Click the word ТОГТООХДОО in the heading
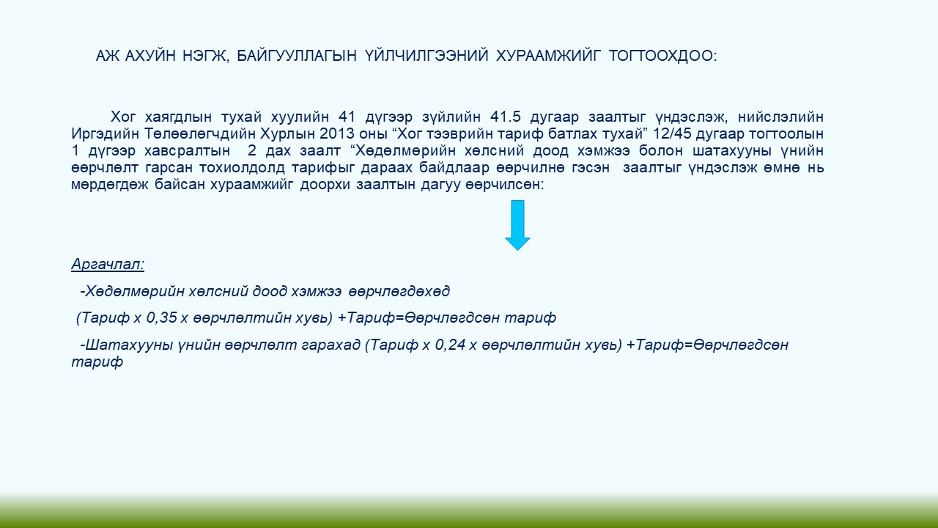[662, 56]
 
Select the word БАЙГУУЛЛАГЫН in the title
[297, 56]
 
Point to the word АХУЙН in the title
[150, 56]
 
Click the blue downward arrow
[517, 225]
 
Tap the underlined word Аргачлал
[108, 265]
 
